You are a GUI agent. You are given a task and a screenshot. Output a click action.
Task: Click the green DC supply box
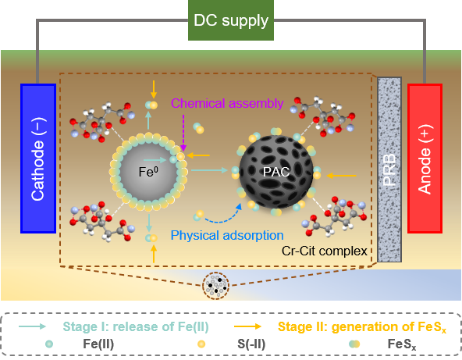(x=231, y=20)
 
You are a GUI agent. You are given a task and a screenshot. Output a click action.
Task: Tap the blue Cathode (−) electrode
(x=38, y=159)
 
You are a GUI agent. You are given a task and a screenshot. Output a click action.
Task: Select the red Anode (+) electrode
(x=425, y=159)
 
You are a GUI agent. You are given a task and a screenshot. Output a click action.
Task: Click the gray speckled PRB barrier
(x=389, y=169)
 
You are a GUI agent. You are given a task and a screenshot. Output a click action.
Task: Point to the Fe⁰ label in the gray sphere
(x=148, y=172)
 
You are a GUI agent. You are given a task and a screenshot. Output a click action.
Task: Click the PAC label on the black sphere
(x=276, y=172)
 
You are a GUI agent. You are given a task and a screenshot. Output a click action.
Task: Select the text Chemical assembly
(x=227, y=103)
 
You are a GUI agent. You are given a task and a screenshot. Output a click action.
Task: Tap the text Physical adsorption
(x=227, y=236)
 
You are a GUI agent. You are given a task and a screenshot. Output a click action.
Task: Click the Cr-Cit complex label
(x=325, y=251)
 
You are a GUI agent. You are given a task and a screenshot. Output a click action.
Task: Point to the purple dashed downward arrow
(x=183, y=133)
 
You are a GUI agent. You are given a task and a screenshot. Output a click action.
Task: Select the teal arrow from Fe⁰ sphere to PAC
(x=209, y=170)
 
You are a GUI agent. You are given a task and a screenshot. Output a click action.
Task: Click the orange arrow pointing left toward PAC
(x=342, y=176)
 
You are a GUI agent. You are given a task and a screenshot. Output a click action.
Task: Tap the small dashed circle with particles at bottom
(x=216, y=286)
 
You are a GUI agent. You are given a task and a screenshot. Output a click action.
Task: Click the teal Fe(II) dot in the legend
(x=49, y=344)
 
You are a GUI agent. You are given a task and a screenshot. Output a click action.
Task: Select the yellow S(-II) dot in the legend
(x=201, y=344)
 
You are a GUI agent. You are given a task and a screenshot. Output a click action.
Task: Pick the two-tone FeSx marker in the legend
(x=354, y=344)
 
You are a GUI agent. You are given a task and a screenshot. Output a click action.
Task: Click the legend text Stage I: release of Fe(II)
(x=136, y=326)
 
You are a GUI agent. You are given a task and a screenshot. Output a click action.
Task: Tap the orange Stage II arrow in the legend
(x=247, y=326)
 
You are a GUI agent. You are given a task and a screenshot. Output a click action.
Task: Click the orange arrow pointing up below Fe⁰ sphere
(x=154, y=254)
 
